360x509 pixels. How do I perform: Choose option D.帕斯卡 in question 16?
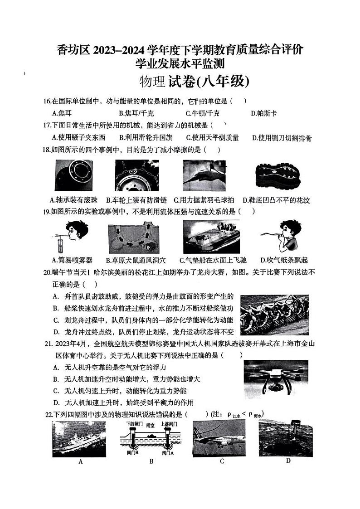coord(263,113)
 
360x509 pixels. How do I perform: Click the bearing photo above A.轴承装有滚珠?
coord(73,175)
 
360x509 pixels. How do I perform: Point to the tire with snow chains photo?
coord(136,175)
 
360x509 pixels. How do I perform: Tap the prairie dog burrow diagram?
coord(137,237)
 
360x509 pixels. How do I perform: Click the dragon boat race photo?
coord(274,315)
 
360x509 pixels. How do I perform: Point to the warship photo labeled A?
coord(79,438)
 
